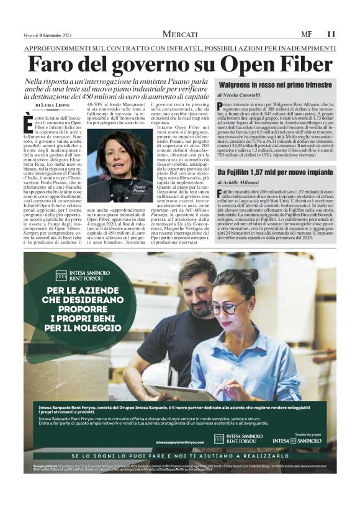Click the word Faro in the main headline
click(59, 65)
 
